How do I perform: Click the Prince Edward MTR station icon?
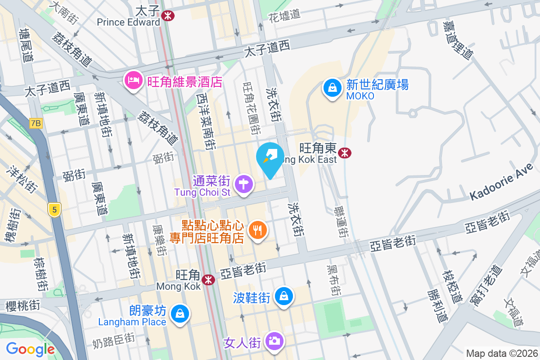pyautogui.click(x=168, y=16)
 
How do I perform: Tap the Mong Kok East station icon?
pyautogui.click(x=346, y=153)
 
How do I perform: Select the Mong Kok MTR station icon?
pyautogui.click(x=208, y=280)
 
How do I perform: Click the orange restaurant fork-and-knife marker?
pyautogui.click(x=258, y=230)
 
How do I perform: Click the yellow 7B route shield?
pyautogui.click(x=36, y=123)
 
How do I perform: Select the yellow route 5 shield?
pyautogui.click(x=54, y=209)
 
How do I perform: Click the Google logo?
pyautogui.click(x=30, y=349)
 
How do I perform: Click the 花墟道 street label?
pyautogui.click(x=284, y=14)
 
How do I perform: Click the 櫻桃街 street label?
pyautogui.click(x=23, y=306)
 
